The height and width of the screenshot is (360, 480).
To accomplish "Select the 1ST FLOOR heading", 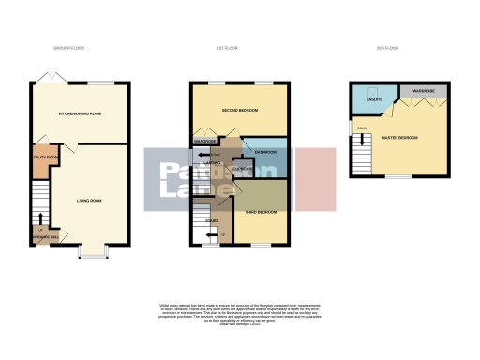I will coord(240,48).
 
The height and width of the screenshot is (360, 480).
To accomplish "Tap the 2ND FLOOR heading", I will coord(386,48).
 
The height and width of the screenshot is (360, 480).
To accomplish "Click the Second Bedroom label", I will coord(240,111).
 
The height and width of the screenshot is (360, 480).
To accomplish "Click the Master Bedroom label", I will coord(400,138).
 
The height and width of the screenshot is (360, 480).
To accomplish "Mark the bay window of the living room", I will coord(92,252).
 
